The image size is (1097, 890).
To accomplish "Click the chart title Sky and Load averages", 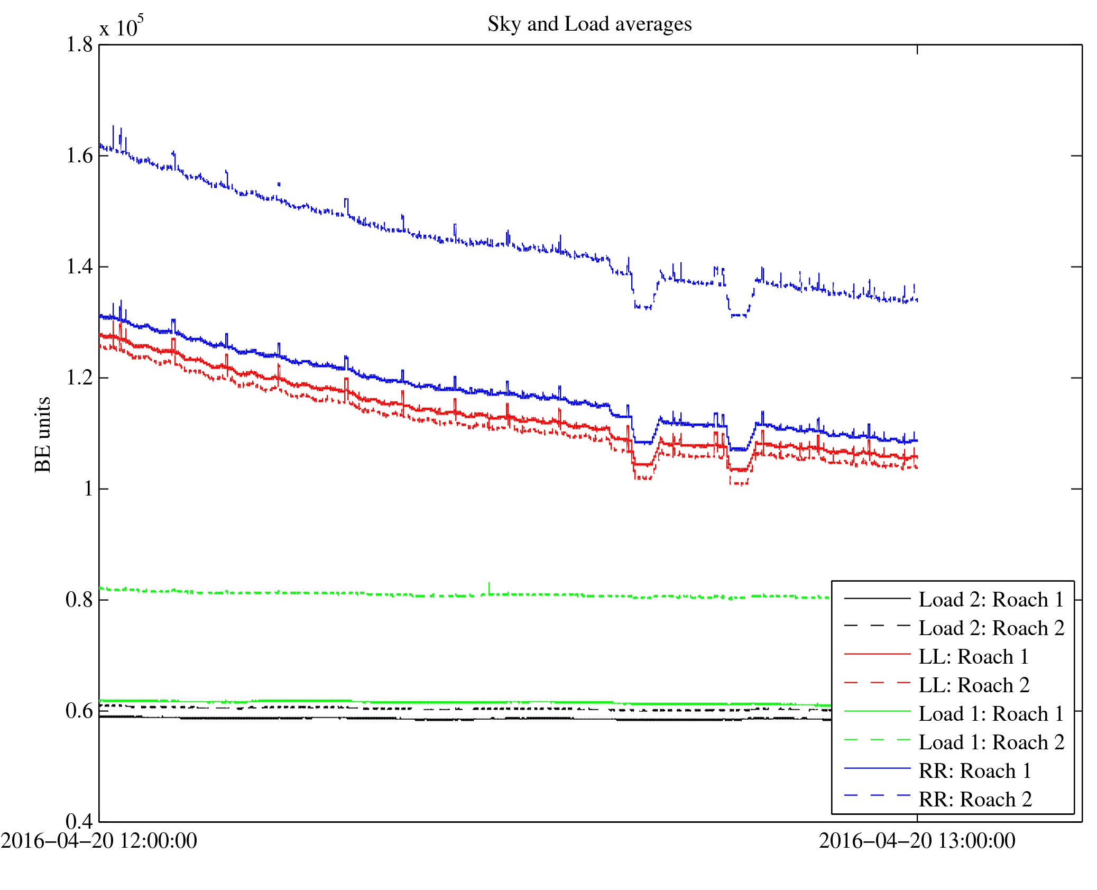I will tap(589, 24).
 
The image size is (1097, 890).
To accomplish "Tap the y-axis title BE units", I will tap(43, 434).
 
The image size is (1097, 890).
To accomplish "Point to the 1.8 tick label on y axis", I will tap(79, 45).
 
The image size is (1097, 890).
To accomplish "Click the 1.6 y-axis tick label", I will tap(79, 156).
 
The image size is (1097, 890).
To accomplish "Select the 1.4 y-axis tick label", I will tap(79, 267).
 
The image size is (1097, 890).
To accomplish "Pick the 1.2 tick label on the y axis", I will tap(79, 378).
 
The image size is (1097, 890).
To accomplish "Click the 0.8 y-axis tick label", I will tap(79, 600).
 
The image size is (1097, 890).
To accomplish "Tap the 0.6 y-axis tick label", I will tap(79, 711).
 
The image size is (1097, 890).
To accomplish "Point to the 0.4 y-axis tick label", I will tap(79, 821).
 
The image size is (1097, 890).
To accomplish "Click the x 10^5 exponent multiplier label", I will tap(121, 26).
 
